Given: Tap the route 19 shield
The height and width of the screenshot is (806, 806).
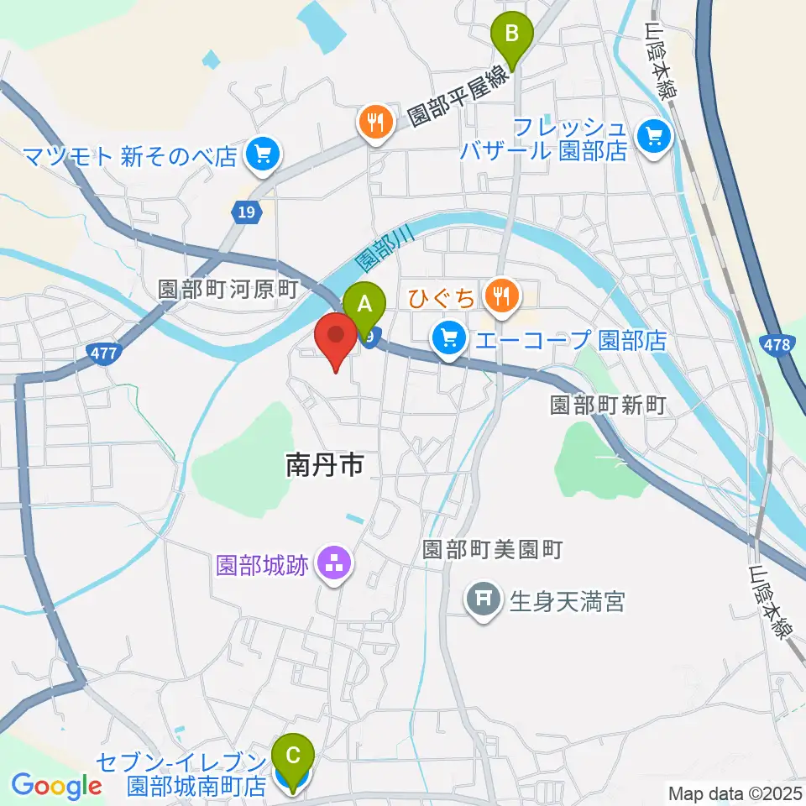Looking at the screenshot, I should point(245,213).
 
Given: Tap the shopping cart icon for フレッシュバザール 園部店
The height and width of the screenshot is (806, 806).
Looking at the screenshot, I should point(654,135).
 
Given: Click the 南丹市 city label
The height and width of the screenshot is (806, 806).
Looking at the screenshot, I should point(325,464).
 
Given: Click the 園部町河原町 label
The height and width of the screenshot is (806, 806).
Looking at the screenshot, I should point(228,290).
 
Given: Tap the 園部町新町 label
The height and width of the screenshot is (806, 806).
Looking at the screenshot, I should point(608,406).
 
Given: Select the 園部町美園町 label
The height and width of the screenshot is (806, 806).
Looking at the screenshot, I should point(491,550).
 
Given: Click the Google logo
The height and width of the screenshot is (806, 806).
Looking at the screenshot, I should point(57,786).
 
